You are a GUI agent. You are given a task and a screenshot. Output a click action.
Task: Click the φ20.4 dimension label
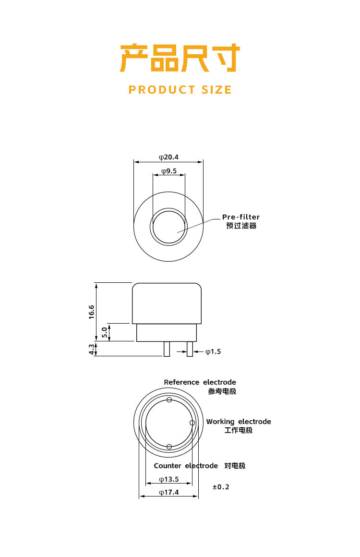[168, 157]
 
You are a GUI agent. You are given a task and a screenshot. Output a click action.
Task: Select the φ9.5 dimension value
[169, 171]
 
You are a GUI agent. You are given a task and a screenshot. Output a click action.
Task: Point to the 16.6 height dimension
[92, 312]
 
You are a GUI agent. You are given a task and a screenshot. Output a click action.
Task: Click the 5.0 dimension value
[104, 332]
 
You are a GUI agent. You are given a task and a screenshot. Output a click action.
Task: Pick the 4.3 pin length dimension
[92, 349]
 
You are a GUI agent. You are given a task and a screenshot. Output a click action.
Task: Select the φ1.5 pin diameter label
[213, 351]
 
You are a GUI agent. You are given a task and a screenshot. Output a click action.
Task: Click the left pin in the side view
[167, 349]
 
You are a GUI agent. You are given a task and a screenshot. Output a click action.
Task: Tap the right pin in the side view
[190, 349]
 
